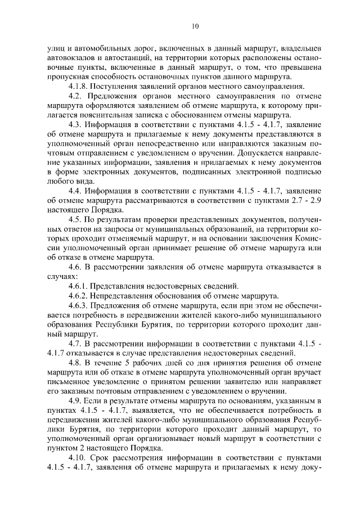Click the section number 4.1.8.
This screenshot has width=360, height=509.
77,87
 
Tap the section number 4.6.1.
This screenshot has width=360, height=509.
77,286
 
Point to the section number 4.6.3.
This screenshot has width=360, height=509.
77,306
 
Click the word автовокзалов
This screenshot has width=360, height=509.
70,58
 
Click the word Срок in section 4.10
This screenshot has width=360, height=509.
102,458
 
